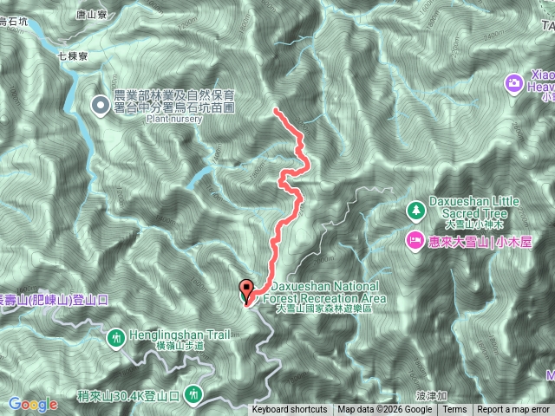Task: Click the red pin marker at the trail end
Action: (x=245, y=290)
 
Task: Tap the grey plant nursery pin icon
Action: (x=101, y=106)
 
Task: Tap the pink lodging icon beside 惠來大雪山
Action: (x=415, y=239)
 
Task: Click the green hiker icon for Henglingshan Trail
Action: (x=117, y=339)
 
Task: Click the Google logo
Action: (x=34, y=404)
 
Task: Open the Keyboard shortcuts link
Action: (x=290, y=410)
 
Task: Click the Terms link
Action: (x=454, y=410)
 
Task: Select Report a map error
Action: (x=513, y=410)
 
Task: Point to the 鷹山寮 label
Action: (x=90, y=15)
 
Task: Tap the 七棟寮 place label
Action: (x=74, y=55)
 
